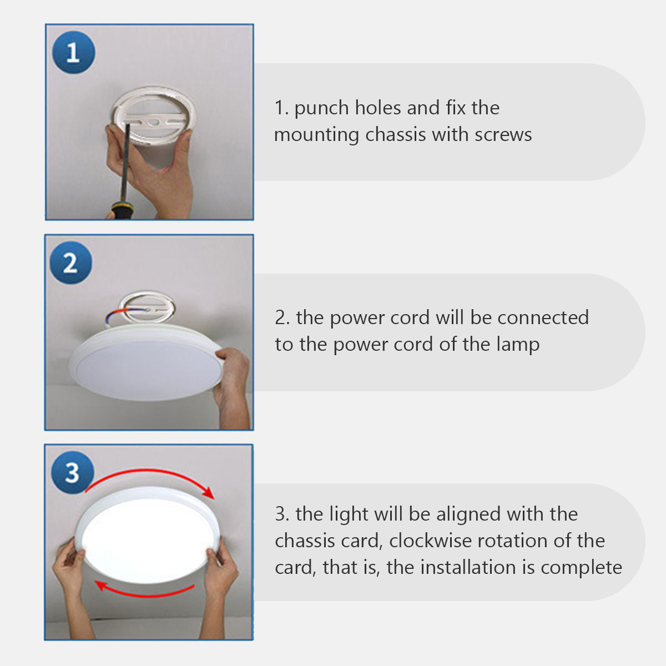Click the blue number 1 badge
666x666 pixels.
tap(73, 53)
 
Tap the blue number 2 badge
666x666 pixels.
tap(71, 263)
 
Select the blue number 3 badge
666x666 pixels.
tap(73, 472)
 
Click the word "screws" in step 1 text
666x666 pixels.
tap(503, 134)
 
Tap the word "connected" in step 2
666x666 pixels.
tap(543, 317)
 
